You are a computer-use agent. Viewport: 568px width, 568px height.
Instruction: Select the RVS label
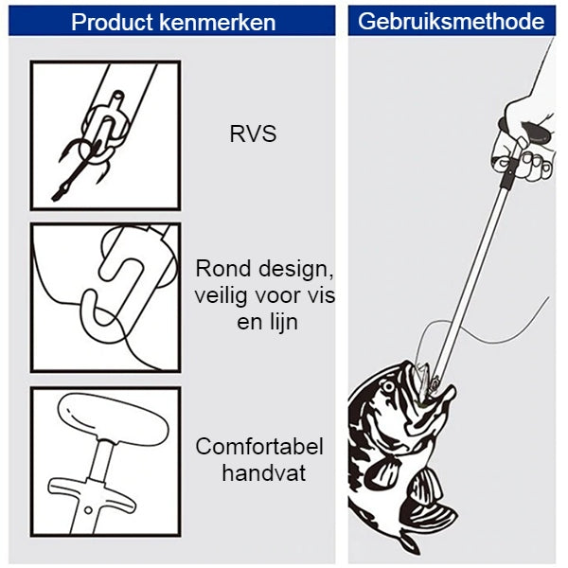253,133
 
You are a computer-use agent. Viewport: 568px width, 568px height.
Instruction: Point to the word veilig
222,295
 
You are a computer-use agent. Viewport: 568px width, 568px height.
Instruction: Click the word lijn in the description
281,322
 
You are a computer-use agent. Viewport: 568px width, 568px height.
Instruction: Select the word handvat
264,472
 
